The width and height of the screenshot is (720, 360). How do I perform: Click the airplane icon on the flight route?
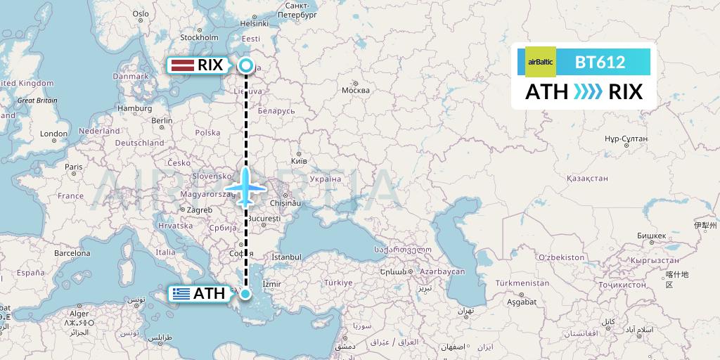[245, 188]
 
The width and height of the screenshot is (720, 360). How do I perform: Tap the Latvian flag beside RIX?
[183, 65]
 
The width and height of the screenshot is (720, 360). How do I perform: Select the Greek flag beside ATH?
[181, 294]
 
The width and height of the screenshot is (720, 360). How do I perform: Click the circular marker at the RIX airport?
[245, 66]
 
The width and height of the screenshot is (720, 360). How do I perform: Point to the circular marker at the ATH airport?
[245, 294]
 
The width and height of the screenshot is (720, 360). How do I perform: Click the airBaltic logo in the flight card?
[541, 62]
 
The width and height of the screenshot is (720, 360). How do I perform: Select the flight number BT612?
[600, 62]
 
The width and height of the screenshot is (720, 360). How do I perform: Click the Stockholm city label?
[199, 37]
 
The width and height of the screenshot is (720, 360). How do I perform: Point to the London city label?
[53, 134]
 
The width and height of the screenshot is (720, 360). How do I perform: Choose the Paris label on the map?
[73, 167]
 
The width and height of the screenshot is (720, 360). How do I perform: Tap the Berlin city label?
[161, 120]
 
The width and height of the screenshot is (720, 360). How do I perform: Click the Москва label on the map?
[355, 90]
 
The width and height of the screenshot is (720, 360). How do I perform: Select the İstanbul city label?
[286, 257]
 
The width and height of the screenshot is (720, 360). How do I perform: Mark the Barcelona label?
[72, 252]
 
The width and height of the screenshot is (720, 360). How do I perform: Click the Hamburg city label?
[135, 108]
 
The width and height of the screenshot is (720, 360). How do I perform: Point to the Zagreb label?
[199, 210]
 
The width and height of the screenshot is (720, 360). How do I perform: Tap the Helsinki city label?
[254, 23]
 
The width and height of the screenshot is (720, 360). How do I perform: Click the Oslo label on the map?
[141, 13]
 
